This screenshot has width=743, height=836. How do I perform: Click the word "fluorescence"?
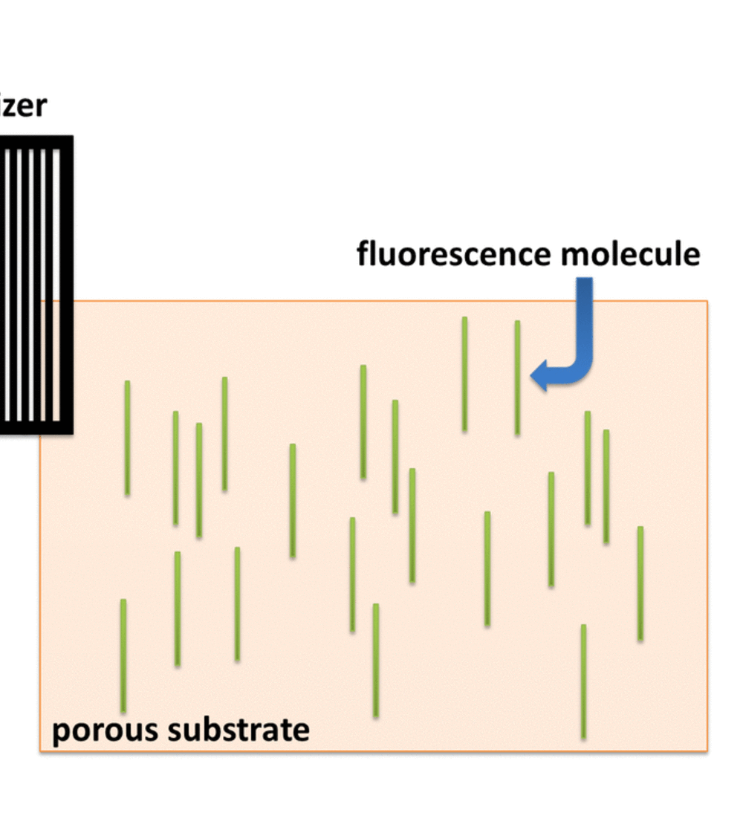[x=455, y=254]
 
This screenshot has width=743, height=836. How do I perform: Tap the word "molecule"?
[x=630, y=254]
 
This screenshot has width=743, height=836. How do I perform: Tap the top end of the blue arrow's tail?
[x=585, y=281]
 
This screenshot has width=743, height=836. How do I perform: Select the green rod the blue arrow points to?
[x=517, y=378]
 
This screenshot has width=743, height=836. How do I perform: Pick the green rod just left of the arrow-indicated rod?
[x=464, y=374]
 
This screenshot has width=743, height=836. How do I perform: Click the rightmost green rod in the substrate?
[x=640, y=583]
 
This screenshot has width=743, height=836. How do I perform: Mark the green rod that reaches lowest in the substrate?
[x=583, y=681]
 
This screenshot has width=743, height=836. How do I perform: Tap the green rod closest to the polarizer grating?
[x=127, y=438]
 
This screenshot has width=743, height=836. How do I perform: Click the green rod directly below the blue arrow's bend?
[x=588, y=468]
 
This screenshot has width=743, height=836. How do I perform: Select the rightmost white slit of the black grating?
[x=56, y=285]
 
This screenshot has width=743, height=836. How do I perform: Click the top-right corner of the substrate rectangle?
[x=707, y=302]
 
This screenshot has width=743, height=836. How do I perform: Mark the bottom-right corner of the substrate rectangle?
[x=707, y=751]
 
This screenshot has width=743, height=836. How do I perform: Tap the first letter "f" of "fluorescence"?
[x=363, y=253]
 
